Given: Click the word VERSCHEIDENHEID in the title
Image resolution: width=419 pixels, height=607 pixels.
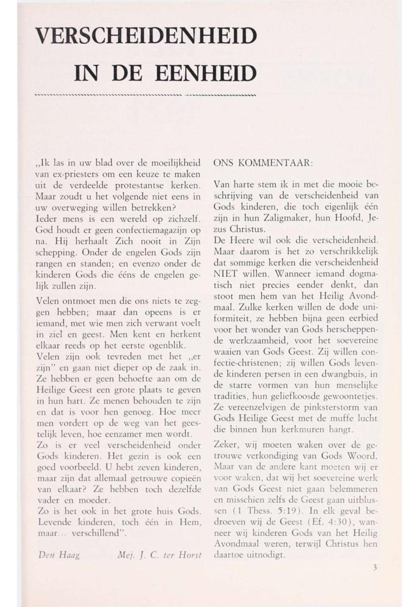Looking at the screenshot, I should [x=145, y=39].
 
